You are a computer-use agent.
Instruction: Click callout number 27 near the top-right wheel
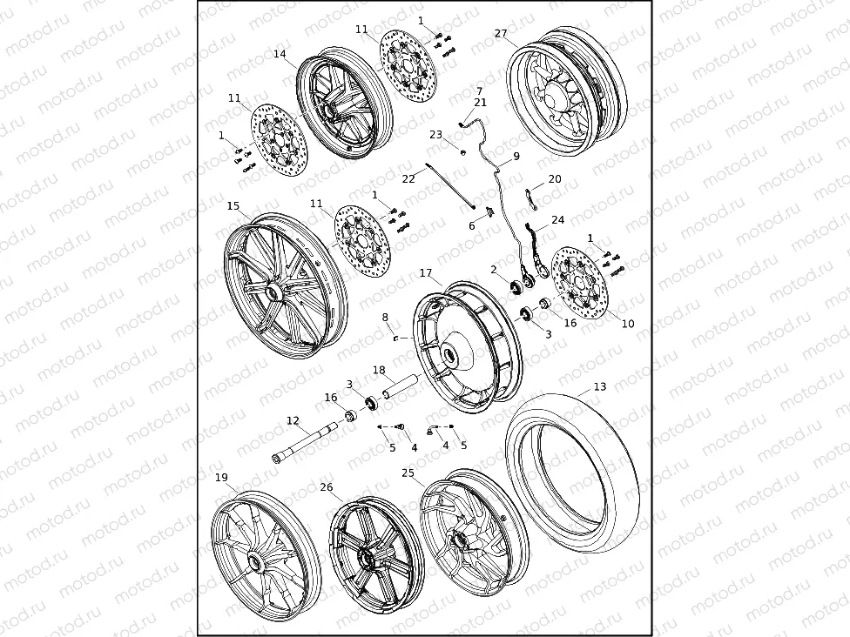pos(501,34)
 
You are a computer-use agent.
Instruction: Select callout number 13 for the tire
pos(600,387)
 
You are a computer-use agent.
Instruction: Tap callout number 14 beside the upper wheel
pos(280,54)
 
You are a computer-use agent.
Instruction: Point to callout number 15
pos(233,206)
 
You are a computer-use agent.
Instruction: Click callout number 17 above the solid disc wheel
pos(426,273)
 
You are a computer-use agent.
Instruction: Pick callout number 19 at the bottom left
pos(221,478)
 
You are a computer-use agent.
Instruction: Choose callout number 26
pos(327,487)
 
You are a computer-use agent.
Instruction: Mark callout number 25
pos(408,473)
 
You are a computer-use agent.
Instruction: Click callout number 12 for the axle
pos(293,421)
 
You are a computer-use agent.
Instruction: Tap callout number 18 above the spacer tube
pos(379,370)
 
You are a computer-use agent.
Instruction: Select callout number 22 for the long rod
pos(408,179)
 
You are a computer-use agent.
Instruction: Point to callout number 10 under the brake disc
pos(628,324)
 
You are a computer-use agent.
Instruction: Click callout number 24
pos(558,220)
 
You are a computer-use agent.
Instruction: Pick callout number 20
pos(555,179)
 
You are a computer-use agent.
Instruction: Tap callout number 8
pos(385,318)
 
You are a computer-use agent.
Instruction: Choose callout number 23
pos(435,135)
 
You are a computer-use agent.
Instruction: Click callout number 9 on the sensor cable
pos(516,157)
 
